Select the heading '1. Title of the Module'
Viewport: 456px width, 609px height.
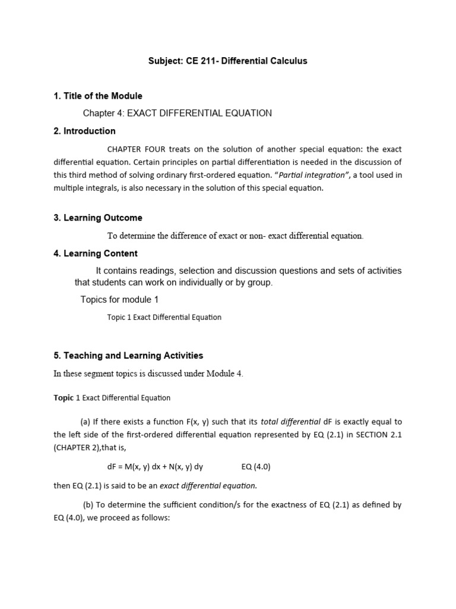tap(98, 96)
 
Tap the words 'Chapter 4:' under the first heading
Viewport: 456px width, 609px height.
tap(102, 113)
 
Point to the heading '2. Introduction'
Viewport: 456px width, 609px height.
tap(84, 131)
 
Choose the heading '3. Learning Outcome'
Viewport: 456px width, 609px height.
tap(98, 218)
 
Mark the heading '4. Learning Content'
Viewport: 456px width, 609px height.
tap(96, 253)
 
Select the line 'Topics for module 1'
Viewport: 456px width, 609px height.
tap(119, 300)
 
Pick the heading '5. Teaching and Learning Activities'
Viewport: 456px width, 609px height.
tap(128, 356)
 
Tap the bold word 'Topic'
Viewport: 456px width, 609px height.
tap(64, 398)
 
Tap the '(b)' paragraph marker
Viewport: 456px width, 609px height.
tap(87, 505)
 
